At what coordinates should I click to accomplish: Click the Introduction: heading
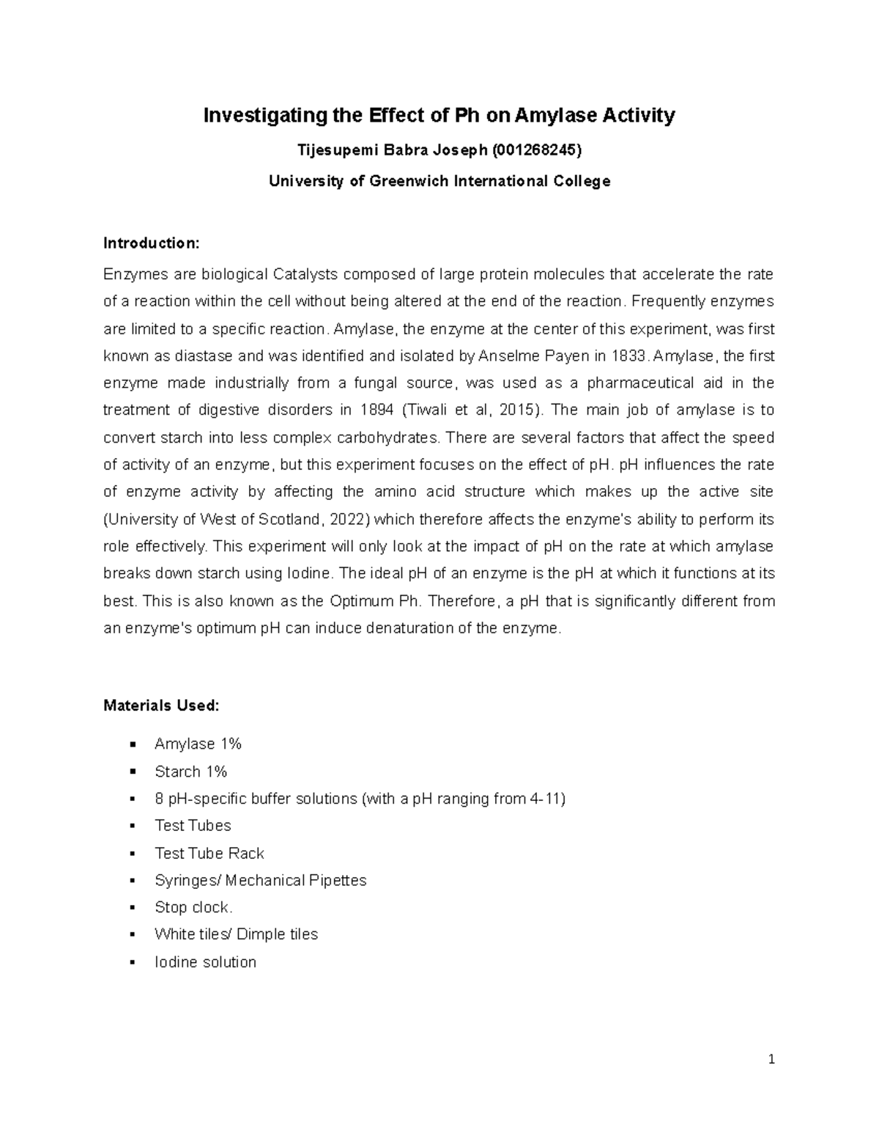[151, 243]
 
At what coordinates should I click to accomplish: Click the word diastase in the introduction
[201, 356]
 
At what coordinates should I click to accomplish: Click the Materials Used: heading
[161, 706]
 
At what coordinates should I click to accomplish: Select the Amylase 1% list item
[198, 744]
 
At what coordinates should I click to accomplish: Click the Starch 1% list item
[190, 772]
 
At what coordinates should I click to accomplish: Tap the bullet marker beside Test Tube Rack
[133, 854]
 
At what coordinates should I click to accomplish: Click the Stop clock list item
[193, 907]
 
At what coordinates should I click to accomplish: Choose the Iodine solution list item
[205, 962]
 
